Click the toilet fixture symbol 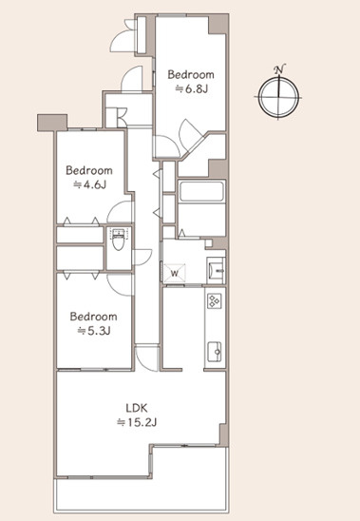point(118,239)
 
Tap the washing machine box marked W point(175,273)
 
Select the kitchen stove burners point(215,301)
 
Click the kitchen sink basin point(215,352)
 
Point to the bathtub point(201,191)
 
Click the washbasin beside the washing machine point(216,270)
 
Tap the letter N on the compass point(279,69)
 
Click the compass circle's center point(278,97)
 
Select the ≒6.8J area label point(192,89)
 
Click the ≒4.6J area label point(89,184)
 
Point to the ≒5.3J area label point(94,331)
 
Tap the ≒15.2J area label point(137,422)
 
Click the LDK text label point(137,407)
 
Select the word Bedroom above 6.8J point(191,74)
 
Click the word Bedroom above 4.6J point(89,170)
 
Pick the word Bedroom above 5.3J point(94,316)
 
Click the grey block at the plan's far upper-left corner point(52,123)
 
